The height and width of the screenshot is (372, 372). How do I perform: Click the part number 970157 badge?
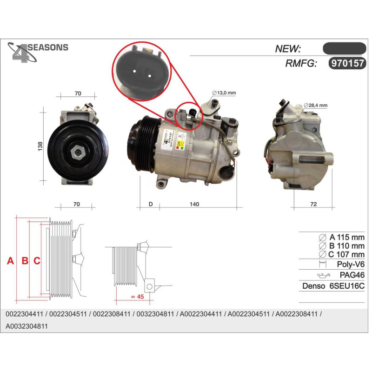coord(347,64)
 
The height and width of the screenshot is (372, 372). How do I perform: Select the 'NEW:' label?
coord(288,49)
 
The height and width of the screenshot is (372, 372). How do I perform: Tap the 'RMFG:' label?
coord(301,64)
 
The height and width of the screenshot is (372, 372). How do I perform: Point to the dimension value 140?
coord(194,204)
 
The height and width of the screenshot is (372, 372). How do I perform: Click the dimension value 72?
coord(313,204)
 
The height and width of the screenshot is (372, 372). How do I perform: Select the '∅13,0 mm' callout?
coord(224,93)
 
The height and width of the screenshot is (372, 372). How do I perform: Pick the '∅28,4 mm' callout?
coord(315,106)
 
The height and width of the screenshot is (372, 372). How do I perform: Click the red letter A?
coord(10,261)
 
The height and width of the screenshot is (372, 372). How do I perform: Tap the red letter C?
coord(37,261)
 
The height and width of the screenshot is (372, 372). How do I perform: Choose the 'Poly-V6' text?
coord(351,264)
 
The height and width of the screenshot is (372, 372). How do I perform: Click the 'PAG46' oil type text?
coord(352,275)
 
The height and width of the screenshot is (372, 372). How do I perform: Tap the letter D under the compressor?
coord(151,204)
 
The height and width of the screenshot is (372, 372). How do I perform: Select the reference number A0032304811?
coord(27,326)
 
